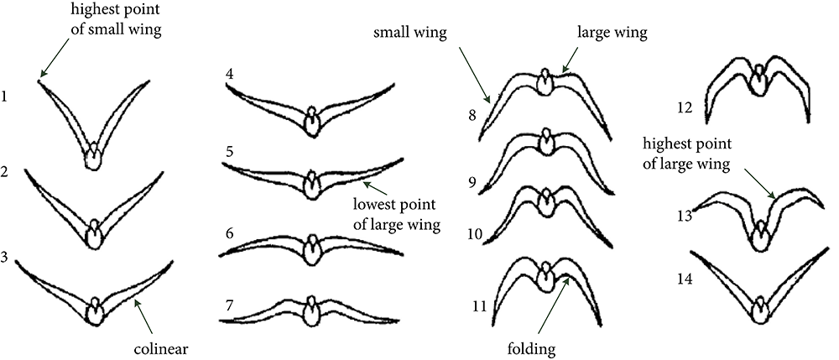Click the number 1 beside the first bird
tap(5, 97)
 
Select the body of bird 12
tap(758, 81)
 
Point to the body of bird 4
tap(312, 123)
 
